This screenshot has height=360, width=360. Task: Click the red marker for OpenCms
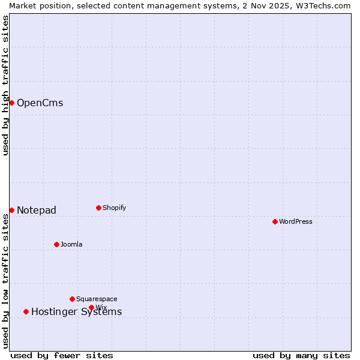tap(11, 103)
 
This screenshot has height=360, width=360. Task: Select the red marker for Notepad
tap(11, 210)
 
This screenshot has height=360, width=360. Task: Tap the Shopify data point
tap(98, 208)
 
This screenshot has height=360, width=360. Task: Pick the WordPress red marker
tap(275, 221)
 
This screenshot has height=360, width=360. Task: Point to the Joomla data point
tap(56, 244)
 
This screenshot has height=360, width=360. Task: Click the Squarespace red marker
tap(72, 299)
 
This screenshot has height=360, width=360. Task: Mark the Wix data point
tap(91, 307)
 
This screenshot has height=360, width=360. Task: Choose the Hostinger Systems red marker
tap(26, 311)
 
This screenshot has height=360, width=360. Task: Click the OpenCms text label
tap(40, 103)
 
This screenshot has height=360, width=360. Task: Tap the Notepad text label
tap(37, 210)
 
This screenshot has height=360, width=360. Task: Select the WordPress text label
tap(296, 221)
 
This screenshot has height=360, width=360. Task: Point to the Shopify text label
tap(115, 208)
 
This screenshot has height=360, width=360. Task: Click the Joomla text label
tap(71, 244)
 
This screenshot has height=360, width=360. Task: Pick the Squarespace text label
tap(97, 299)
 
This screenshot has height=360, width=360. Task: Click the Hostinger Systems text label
tap(76, 312)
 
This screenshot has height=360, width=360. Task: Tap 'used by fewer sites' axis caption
tap(62, 355)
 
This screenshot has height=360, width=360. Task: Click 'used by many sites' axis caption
tap(301, 355)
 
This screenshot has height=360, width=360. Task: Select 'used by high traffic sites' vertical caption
tap(5, 85)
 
